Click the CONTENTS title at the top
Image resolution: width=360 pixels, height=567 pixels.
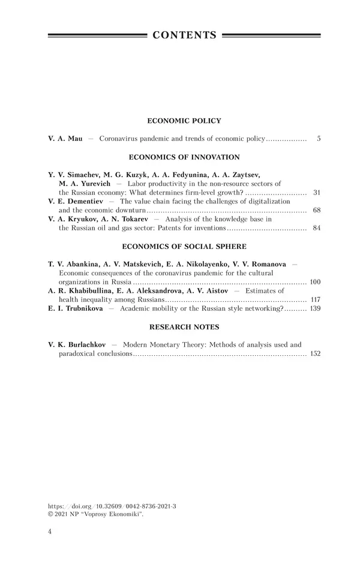point(184,35)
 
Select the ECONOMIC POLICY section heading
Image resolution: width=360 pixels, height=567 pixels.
point(184,121)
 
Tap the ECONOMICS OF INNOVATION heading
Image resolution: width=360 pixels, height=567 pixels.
point(184,157)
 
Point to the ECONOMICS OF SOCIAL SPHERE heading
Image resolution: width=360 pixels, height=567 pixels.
point(184,247)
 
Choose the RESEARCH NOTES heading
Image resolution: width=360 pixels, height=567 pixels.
point(184,327)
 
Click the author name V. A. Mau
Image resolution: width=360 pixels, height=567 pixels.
point(65,139)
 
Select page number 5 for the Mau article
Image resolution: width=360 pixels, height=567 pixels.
point(318,139)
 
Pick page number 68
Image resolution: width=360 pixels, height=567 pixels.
point(317,211)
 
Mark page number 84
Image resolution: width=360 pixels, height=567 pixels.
point(317,229)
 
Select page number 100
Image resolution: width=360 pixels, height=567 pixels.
point(315,281)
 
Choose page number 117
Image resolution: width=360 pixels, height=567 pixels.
point(315,299)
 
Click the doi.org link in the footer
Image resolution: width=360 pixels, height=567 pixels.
point(112,506)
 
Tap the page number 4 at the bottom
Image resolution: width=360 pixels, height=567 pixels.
point(50,532)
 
